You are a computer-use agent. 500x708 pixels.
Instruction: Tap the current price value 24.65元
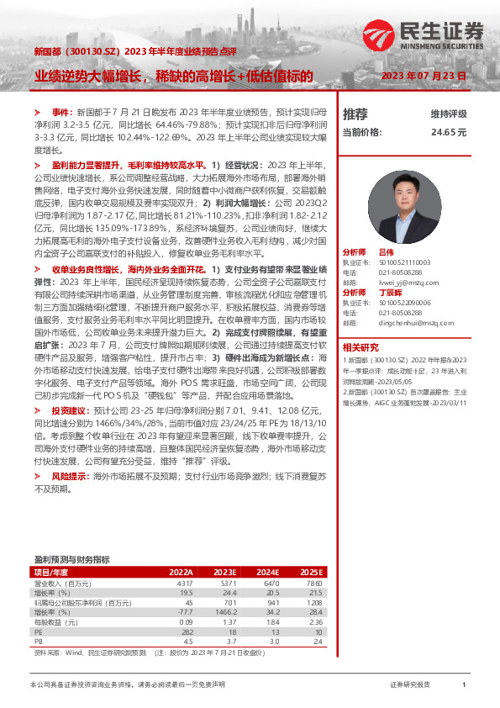tap(448, 132)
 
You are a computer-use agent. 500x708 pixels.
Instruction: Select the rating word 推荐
tap(355, 114)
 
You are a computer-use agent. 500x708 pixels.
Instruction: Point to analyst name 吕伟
tap(385, 252)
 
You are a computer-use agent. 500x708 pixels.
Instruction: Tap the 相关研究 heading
tap(361, 347)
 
